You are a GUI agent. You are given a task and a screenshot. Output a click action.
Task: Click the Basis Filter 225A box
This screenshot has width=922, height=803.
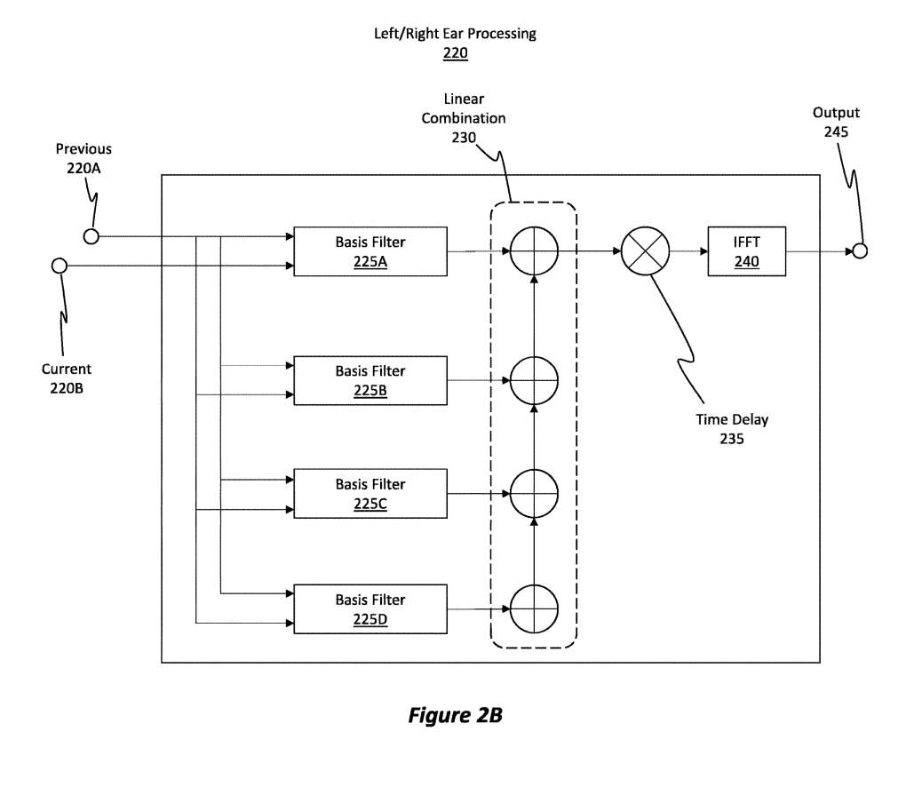tap(370, 251)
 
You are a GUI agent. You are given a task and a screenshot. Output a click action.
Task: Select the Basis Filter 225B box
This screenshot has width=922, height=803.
tap(370, 380)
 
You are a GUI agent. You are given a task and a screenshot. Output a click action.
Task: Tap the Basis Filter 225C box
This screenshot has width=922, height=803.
tap(370, 494)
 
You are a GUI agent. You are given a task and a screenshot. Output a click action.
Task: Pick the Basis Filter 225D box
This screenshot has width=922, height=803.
tap(370, 609)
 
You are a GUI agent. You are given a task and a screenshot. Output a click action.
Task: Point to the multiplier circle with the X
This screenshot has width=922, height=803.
tap(645, 250)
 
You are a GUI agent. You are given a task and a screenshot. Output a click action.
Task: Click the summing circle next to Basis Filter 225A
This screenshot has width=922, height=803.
tap(534, 250)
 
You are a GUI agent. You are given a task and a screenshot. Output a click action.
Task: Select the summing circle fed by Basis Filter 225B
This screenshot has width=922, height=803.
tap(534, 380)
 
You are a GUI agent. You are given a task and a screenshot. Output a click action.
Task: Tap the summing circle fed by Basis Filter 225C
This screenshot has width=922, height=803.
tap(534, 494)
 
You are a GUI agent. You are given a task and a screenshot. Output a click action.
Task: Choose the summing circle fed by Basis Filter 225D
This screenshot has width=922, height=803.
tap(534, 608)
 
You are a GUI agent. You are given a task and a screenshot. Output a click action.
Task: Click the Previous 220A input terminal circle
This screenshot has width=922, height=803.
tap(91, 236)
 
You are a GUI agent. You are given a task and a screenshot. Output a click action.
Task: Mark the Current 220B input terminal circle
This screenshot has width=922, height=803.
tap(60, 265)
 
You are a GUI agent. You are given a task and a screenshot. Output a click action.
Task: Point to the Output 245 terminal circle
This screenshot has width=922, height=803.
tap(859, 250)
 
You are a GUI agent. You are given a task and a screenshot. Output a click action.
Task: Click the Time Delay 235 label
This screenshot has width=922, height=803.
tap(732, 428)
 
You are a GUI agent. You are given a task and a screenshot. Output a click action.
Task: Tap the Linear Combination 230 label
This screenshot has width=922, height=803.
tap(464, 118)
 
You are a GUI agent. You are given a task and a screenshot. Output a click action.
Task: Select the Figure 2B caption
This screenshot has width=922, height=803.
tap(455, 715)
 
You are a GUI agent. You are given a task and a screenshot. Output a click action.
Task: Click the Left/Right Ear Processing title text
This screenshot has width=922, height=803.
tap(455, 34)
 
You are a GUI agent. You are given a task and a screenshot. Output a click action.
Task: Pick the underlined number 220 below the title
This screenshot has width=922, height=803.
tap(455, 53)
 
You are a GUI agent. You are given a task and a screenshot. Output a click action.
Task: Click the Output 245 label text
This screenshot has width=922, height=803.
tap(836, 122)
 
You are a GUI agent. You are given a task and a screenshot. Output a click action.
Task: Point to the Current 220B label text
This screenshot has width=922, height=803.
tap(67, 378)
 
